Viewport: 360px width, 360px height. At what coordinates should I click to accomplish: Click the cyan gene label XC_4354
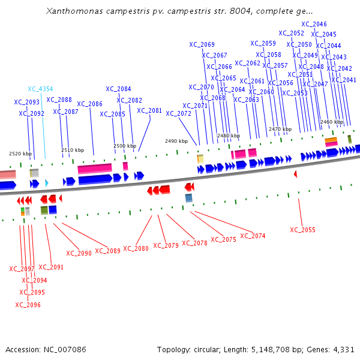pyautogui.click(x=40, y=89)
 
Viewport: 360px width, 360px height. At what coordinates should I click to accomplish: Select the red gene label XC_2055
pyautogui.click(x=302, y=230)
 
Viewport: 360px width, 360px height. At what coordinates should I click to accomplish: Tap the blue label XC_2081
pyautogui.click(x=149, y=110)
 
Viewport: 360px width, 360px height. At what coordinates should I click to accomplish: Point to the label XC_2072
pyautogui.click(x=178, y=113)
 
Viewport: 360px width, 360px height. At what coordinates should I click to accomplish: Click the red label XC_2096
pyautogui.click(x=28, y=305)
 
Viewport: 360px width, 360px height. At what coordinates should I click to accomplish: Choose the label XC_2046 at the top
pyautogui.click(x=314, y=24)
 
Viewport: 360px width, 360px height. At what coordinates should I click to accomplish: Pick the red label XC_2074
pyautogui.click(x=253, y=236)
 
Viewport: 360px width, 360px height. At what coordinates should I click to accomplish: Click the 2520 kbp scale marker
pyautogui.click(x=17, y=154)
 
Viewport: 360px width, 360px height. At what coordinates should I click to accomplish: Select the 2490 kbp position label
pyautogui.click(x=176, y=141)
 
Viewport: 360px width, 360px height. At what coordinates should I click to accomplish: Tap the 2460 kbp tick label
pyautogui.click(x=332, y=122)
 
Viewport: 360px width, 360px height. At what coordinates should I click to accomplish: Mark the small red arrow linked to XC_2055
pyautogui.click(x=295, y=174)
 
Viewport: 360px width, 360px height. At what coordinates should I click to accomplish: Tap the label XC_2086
pyautogui.click(x=89, y=104)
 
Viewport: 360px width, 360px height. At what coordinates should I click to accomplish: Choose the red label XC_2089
pyautogui.click(x=108, y=250)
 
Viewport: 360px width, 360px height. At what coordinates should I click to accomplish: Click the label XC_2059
pyautogui.click(x=263, y=43)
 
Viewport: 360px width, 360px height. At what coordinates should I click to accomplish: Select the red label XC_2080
pyautogui.click(x=136, y=248)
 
